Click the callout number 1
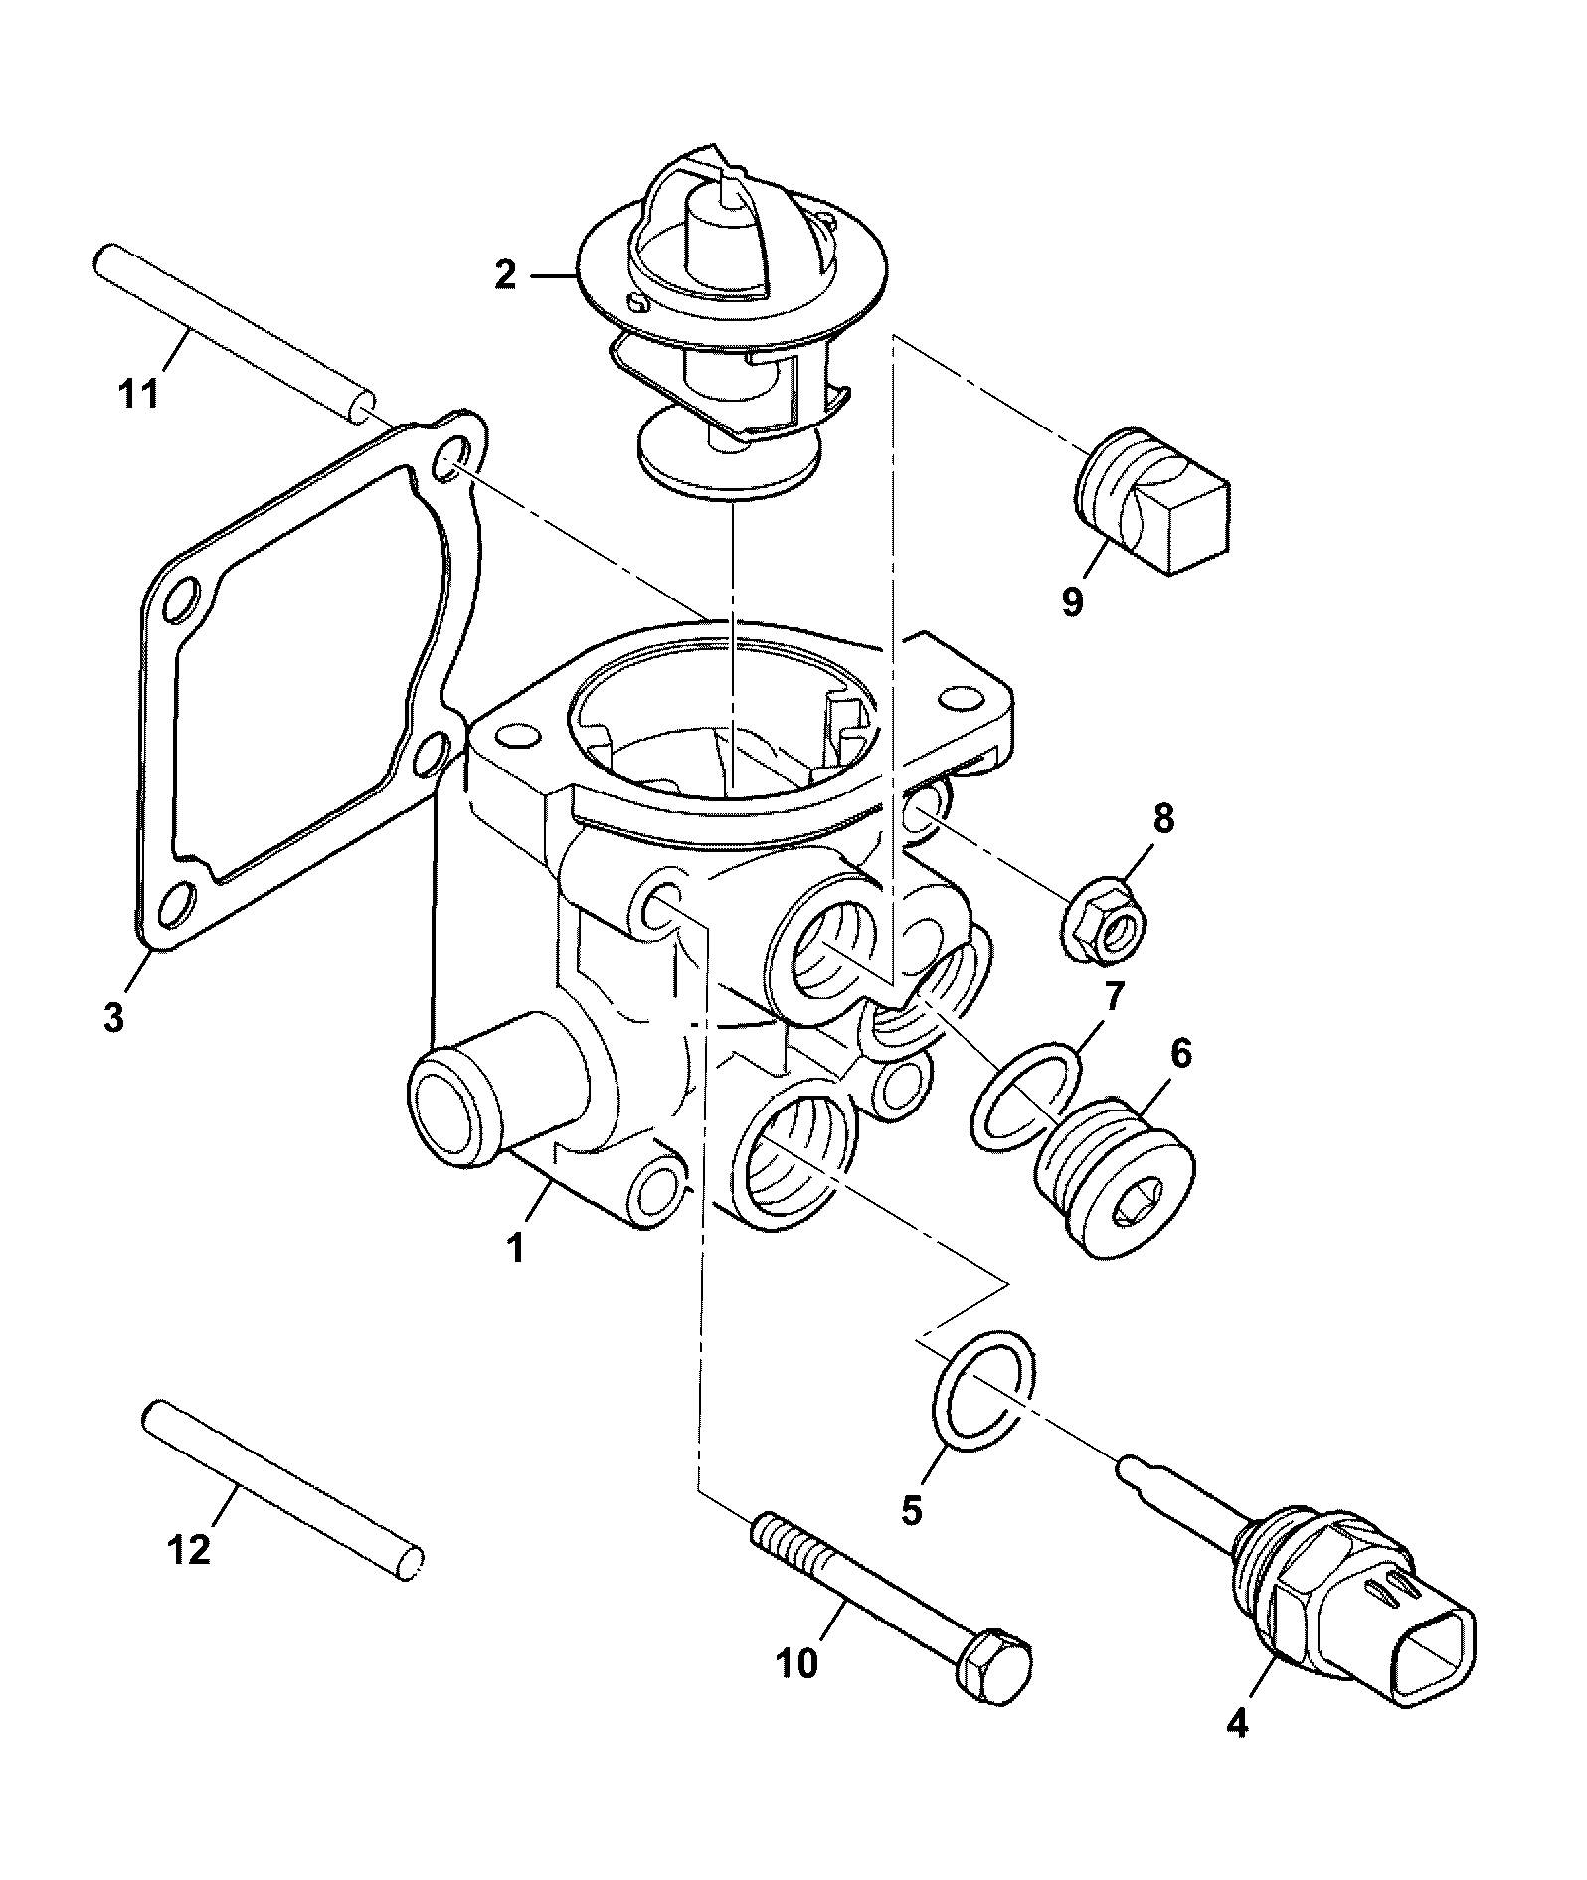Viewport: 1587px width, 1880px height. (516, 1248)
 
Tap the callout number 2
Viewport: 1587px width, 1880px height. (506, 274)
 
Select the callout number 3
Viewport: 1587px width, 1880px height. (114, 1016)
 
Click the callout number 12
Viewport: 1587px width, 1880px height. (191, 1550)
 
